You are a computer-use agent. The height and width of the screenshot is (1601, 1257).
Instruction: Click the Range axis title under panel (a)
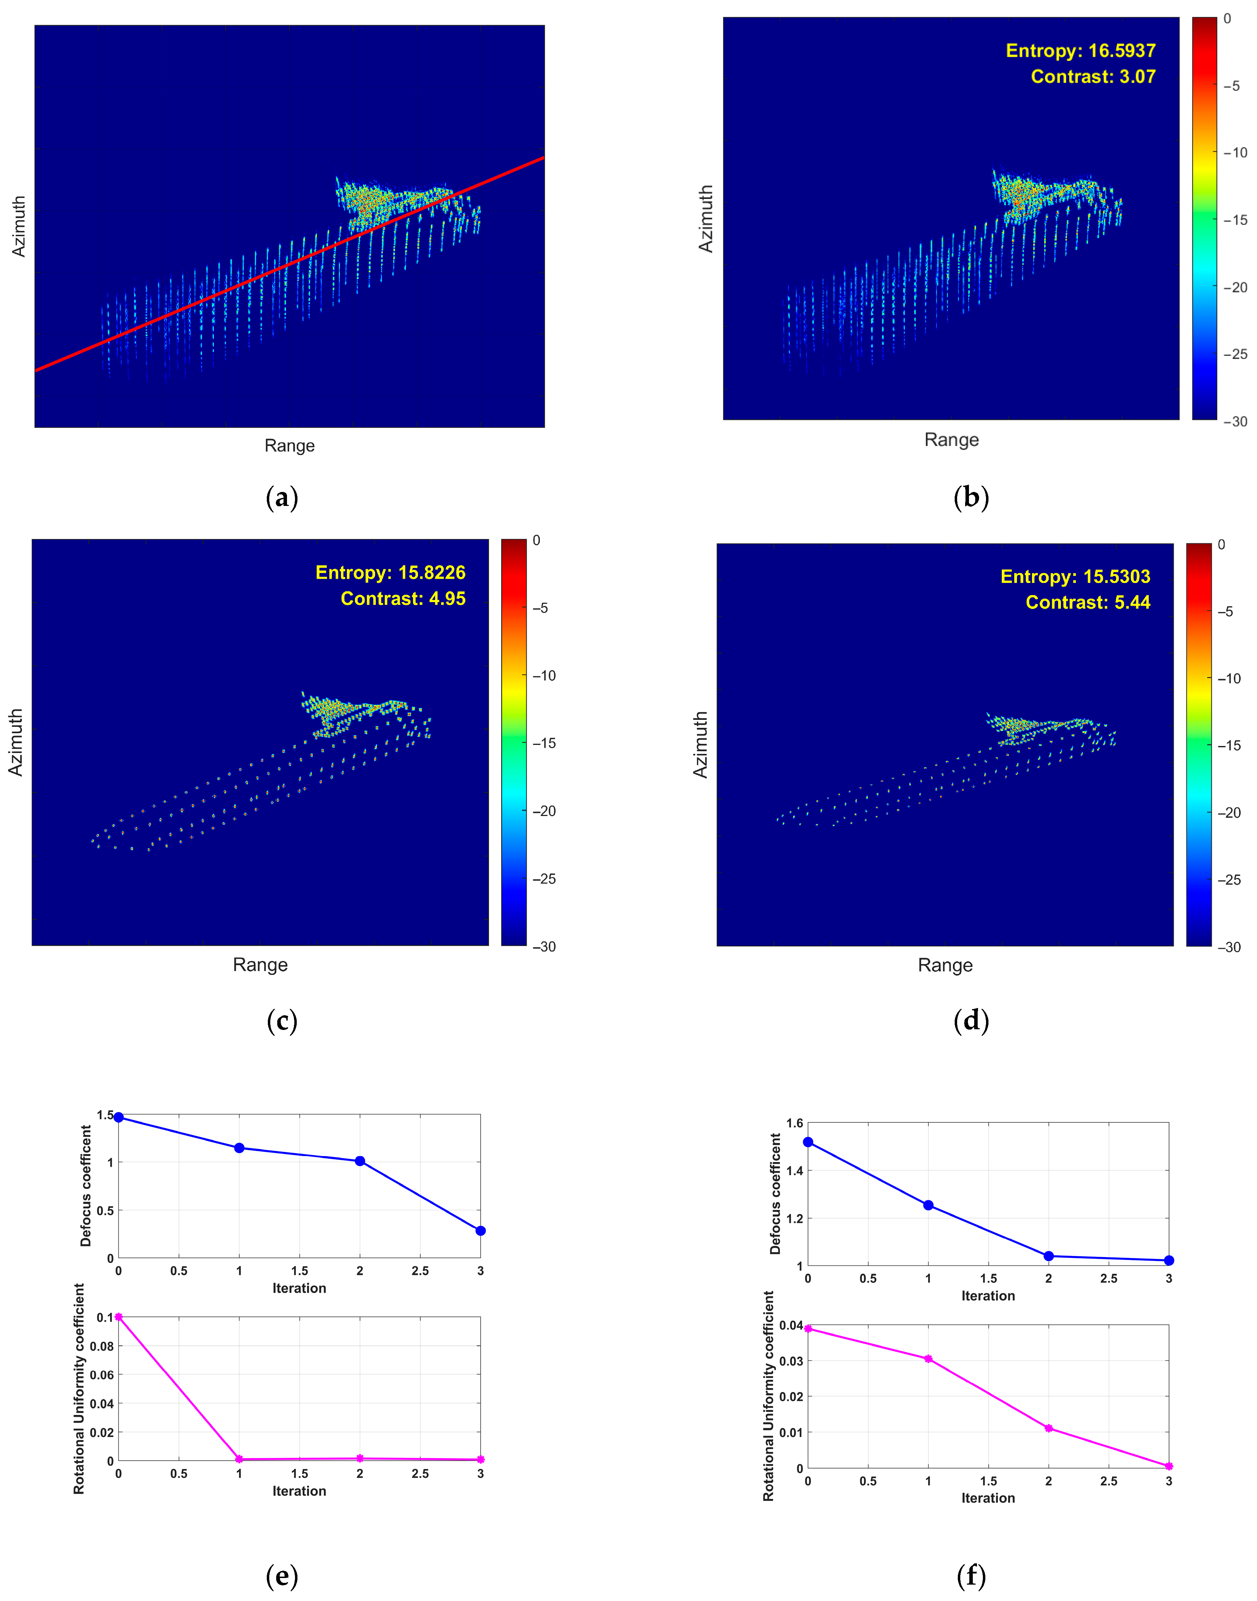pos(289,445)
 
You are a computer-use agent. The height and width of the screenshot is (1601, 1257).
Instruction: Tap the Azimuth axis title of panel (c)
pos(15,742)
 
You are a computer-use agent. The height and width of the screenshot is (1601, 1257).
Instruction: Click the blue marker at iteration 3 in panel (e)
pos(481,1231)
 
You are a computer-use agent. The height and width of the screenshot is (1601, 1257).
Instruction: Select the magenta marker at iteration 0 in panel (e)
pos(118,1317)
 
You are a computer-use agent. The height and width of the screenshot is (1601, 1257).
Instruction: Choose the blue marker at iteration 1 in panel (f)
pos(928,1205)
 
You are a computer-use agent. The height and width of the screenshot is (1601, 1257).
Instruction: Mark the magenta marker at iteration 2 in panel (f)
pos(1049,1428)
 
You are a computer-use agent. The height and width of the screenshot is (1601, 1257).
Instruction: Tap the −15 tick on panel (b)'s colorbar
pos(1235,220)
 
